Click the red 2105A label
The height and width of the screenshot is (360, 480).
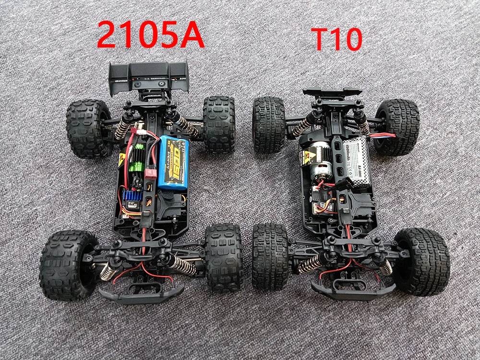click(x=151, y=34)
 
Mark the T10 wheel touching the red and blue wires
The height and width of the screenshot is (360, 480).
click(x=397, y=127)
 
